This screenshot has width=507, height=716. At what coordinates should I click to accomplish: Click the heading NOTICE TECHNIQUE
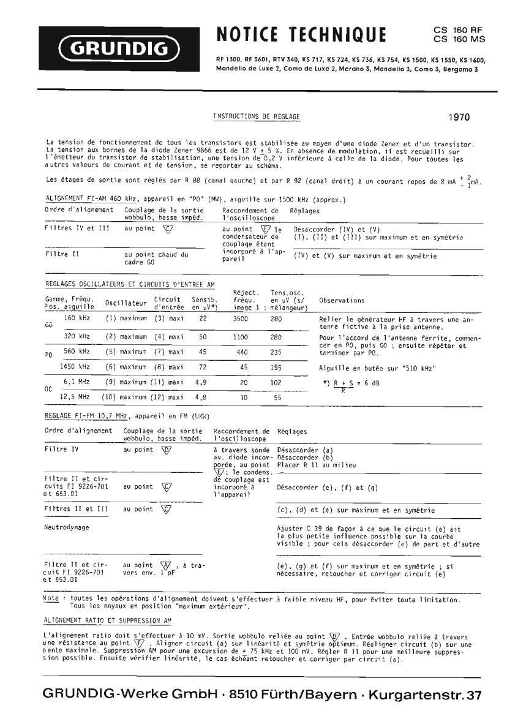[x=301, y=35]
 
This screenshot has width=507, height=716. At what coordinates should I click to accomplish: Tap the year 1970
[x=459, y=117]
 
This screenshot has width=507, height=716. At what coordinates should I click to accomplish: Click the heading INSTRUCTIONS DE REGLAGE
[x=257, y=116]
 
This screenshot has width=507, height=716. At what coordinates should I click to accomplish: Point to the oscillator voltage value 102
[x=277, y=382]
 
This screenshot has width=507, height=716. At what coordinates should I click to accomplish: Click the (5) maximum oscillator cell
[x=126, y=352]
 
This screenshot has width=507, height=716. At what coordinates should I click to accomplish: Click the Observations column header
[x=342, y=301]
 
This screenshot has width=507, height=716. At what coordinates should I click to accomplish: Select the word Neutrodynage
[x=67, y=526]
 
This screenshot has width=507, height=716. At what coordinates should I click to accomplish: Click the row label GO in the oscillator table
[x=48, y=325]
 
